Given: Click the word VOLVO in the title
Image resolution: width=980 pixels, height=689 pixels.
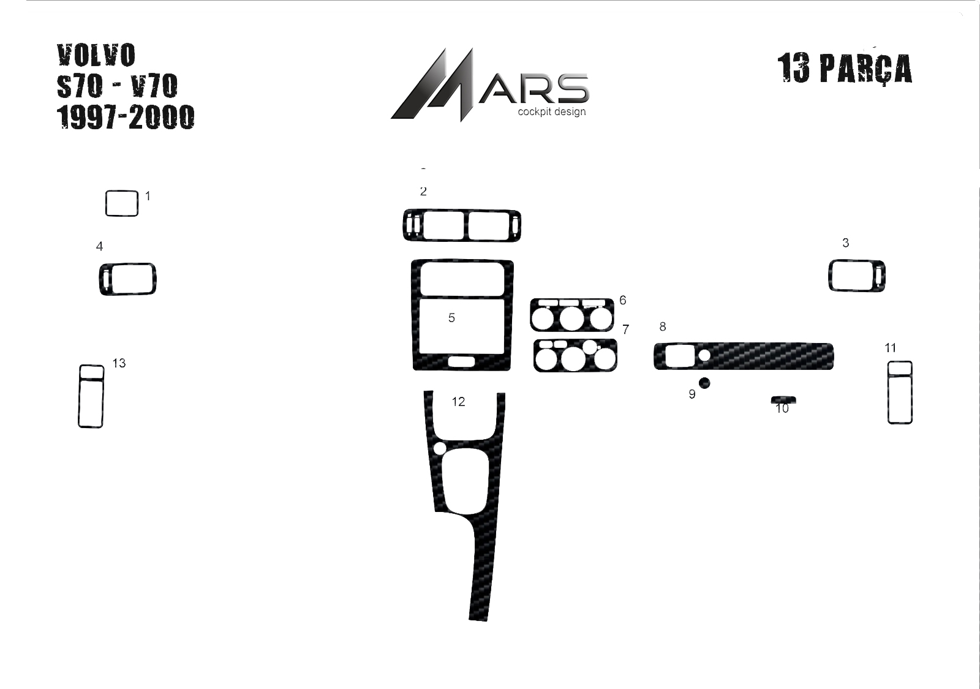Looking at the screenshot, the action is pyautogui.click(x=96, y=55).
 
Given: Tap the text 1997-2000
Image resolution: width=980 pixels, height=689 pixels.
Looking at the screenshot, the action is pyautogui.click(x=126, y=117).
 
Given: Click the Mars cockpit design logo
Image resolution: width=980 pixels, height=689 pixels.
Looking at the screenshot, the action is pyautogui.click(x=490, y=85).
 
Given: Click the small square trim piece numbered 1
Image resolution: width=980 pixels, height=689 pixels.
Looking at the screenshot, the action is pyautogui.click(x=122, y=203).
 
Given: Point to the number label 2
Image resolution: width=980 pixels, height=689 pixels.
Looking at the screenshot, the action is pyautogui.click(x=423, y=191).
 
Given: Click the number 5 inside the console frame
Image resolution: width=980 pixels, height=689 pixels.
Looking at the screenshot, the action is pyautogui.click(x=451, y=318).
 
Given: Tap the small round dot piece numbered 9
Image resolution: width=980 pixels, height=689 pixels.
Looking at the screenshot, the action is pyautogui.click(x=704, y=383).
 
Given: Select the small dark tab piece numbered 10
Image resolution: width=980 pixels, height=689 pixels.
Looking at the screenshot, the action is pyautogui.click(x=783, y=399).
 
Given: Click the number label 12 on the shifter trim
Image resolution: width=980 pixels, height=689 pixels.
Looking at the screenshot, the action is pyautogui.click(x=458, y=402).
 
